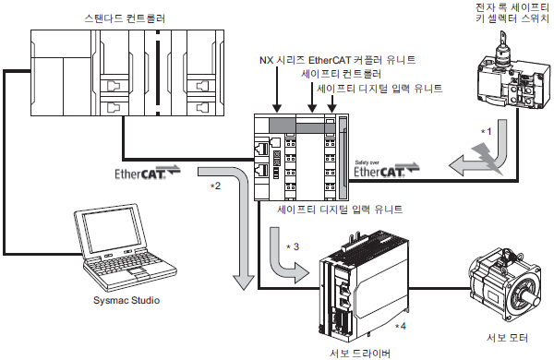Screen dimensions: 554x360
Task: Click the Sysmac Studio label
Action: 126,300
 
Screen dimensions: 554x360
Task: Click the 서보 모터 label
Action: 507,338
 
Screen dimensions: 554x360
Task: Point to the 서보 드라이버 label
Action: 360,353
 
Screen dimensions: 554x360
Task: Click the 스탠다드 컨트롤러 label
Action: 125,18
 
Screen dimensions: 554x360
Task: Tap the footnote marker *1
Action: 487,131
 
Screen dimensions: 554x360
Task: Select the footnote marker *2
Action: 215,186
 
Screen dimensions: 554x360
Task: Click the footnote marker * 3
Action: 293,246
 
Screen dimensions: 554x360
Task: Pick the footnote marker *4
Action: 401,326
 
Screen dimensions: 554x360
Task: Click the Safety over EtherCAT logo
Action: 387,169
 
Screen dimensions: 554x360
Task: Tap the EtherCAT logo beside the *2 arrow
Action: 148,172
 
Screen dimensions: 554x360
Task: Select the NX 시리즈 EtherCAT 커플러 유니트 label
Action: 337,60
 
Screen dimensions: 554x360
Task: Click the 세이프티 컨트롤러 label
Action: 341,74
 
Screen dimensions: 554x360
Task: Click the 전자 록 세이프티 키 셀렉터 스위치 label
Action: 512,12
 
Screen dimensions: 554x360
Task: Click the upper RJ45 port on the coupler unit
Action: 261,149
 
